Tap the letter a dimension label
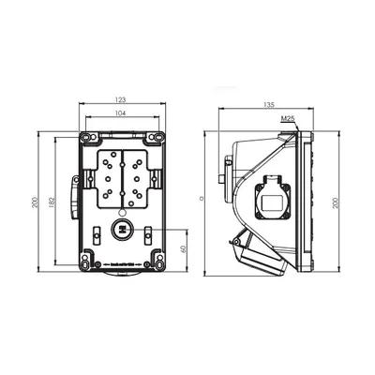[203, 199]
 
